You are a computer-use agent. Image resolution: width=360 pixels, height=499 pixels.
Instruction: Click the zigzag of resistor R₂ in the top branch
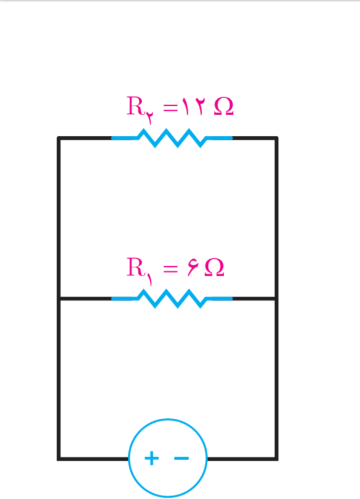[172, 138]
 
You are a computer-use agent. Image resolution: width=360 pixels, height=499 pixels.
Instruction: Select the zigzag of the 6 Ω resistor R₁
[172, 299]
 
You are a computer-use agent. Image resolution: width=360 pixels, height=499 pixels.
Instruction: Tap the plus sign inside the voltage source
[151, 459]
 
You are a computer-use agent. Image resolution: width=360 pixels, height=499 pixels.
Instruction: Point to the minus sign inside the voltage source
[181, 459]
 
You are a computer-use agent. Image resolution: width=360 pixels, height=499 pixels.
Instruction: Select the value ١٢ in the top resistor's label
[194, 106]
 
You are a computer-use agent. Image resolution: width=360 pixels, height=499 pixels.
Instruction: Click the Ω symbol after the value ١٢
[224, 107]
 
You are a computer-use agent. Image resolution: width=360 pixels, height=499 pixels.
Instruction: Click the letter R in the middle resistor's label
[135, 267]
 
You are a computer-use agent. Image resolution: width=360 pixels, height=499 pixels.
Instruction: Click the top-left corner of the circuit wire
[58, 138]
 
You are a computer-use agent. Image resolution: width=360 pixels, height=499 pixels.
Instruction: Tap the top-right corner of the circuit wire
[276, 138]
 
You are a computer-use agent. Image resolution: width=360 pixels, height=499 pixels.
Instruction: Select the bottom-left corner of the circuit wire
[58, 459]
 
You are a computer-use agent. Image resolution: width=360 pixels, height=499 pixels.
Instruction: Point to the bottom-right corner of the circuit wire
[276, 459]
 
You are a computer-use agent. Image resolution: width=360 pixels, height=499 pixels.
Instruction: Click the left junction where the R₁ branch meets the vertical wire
[58, 299]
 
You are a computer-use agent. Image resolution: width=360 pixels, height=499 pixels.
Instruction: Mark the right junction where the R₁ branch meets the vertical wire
[276, 299]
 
